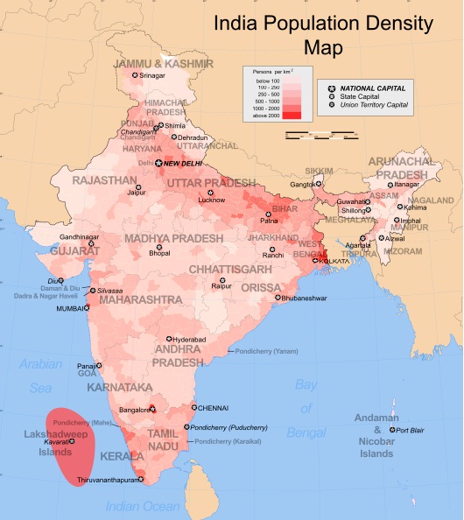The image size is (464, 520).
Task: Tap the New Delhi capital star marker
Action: [x=159, y=163]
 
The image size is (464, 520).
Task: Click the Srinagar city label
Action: [x=150, y=75]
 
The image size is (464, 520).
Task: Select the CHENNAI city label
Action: [x=213, y=408]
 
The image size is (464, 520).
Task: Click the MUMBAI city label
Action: [x=74, y=309]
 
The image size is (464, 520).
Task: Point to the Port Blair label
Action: [x=410, y=431]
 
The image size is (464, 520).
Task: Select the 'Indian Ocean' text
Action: [x=142, y=506]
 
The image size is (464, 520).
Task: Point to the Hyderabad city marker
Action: [x=169, y=339]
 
